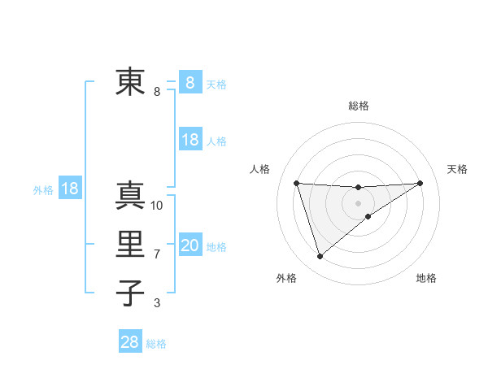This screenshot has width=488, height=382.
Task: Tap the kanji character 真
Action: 130,196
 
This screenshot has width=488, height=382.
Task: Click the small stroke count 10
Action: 157,206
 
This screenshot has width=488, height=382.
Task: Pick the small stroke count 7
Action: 157,254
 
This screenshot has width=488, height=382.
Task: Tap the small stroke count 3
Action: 157,303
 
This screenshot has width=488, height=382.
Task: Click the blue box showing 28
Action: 130,342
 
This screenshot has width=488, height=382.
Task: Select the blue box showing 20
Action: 190,245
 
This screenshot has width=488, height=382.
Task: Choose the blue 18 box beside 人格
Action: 190,140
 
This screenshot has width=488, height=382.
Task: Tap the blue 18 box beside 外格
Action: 70,189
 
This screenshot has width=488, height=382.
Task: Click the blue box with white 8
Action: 190,82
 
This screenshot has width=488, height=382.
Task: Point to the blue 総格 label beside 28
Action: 156,344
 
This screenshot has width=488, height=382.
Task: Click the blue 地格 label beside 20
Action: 217,247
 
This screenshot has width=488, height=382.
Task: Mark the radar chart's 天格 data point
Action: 420,183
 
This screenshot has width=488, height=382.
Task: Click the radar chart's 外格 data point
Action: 320,257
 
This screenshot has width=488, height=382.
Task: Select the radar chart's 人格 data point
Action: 296,183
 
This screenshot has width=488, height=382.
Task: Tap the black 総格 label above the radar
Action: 358,106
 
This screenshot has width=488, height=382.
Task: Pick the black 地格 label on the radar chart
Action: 426,278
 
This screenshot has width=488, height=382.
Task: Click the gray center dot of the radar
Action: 358,202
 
